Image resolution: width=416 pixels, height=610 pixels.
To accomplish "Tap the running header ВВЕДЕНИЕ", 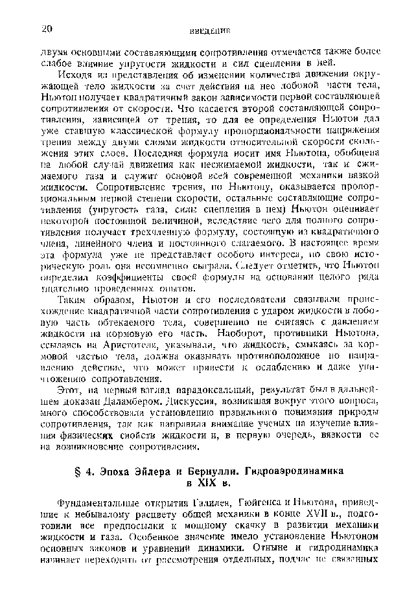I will pos(211,30).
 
